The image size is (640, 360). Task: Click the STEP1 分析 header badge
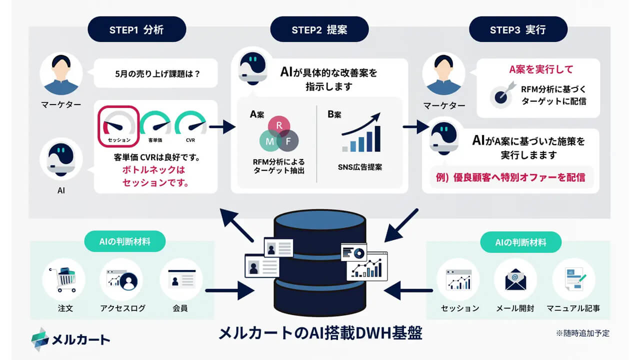tap(136, 29)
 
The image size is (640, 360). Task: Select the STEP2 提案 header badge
tap(319, 29)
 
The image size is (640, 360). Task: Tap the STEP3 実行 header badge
tap(517, 29)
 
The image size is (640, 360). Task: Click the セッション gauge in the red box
tap(118, 125)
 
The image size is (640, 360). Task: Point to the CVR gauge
tap(190, 125)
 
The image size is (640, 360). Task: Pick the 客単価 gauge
tap(155, 125)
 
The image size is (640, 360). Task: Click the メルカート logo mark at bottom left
tap(40, 339)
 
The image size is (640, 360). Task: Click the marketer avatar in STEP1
tap(60, 73)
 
